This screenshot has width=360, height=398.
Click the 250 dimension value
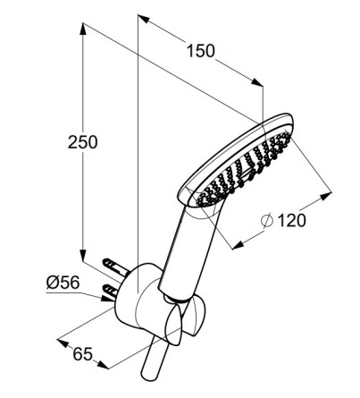[82, 142]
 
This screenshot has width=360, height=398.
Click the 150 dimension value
[200, 51]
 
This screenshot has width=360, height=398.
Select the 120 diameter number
[291, 221]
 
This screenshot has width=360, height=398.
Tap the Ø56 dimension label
[63, 282]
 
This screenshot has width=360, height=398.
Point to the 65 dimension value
[83, 354]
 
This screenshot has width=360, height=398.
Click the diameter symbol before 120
[267, 221]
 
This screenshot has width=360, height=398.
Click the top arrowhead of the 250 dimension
[83, 29]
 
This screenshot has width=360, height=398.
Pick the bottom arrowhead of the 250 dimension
[83, 256]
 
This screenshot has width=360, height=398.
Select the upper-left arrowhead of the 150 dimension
[144, 19]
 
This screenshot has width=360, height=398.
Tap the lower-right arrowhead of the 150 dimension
[257, 82]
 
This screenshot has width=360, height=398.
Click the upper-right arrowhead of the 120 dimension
[325, 196]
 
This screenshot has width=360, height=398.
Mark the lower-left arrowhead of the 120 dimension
[238, 245]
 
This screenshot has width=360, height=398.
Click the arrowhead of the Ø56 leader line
[107, 298]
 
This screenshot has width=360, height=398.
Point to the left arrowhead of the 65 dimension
[63, 343]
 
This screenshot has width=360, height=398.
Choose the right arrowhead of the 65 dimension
[103, 365]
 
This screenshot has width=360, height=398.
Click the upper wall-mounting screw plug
[115, 267]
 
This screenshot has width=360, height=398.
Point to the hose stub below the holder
[153, 358]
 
